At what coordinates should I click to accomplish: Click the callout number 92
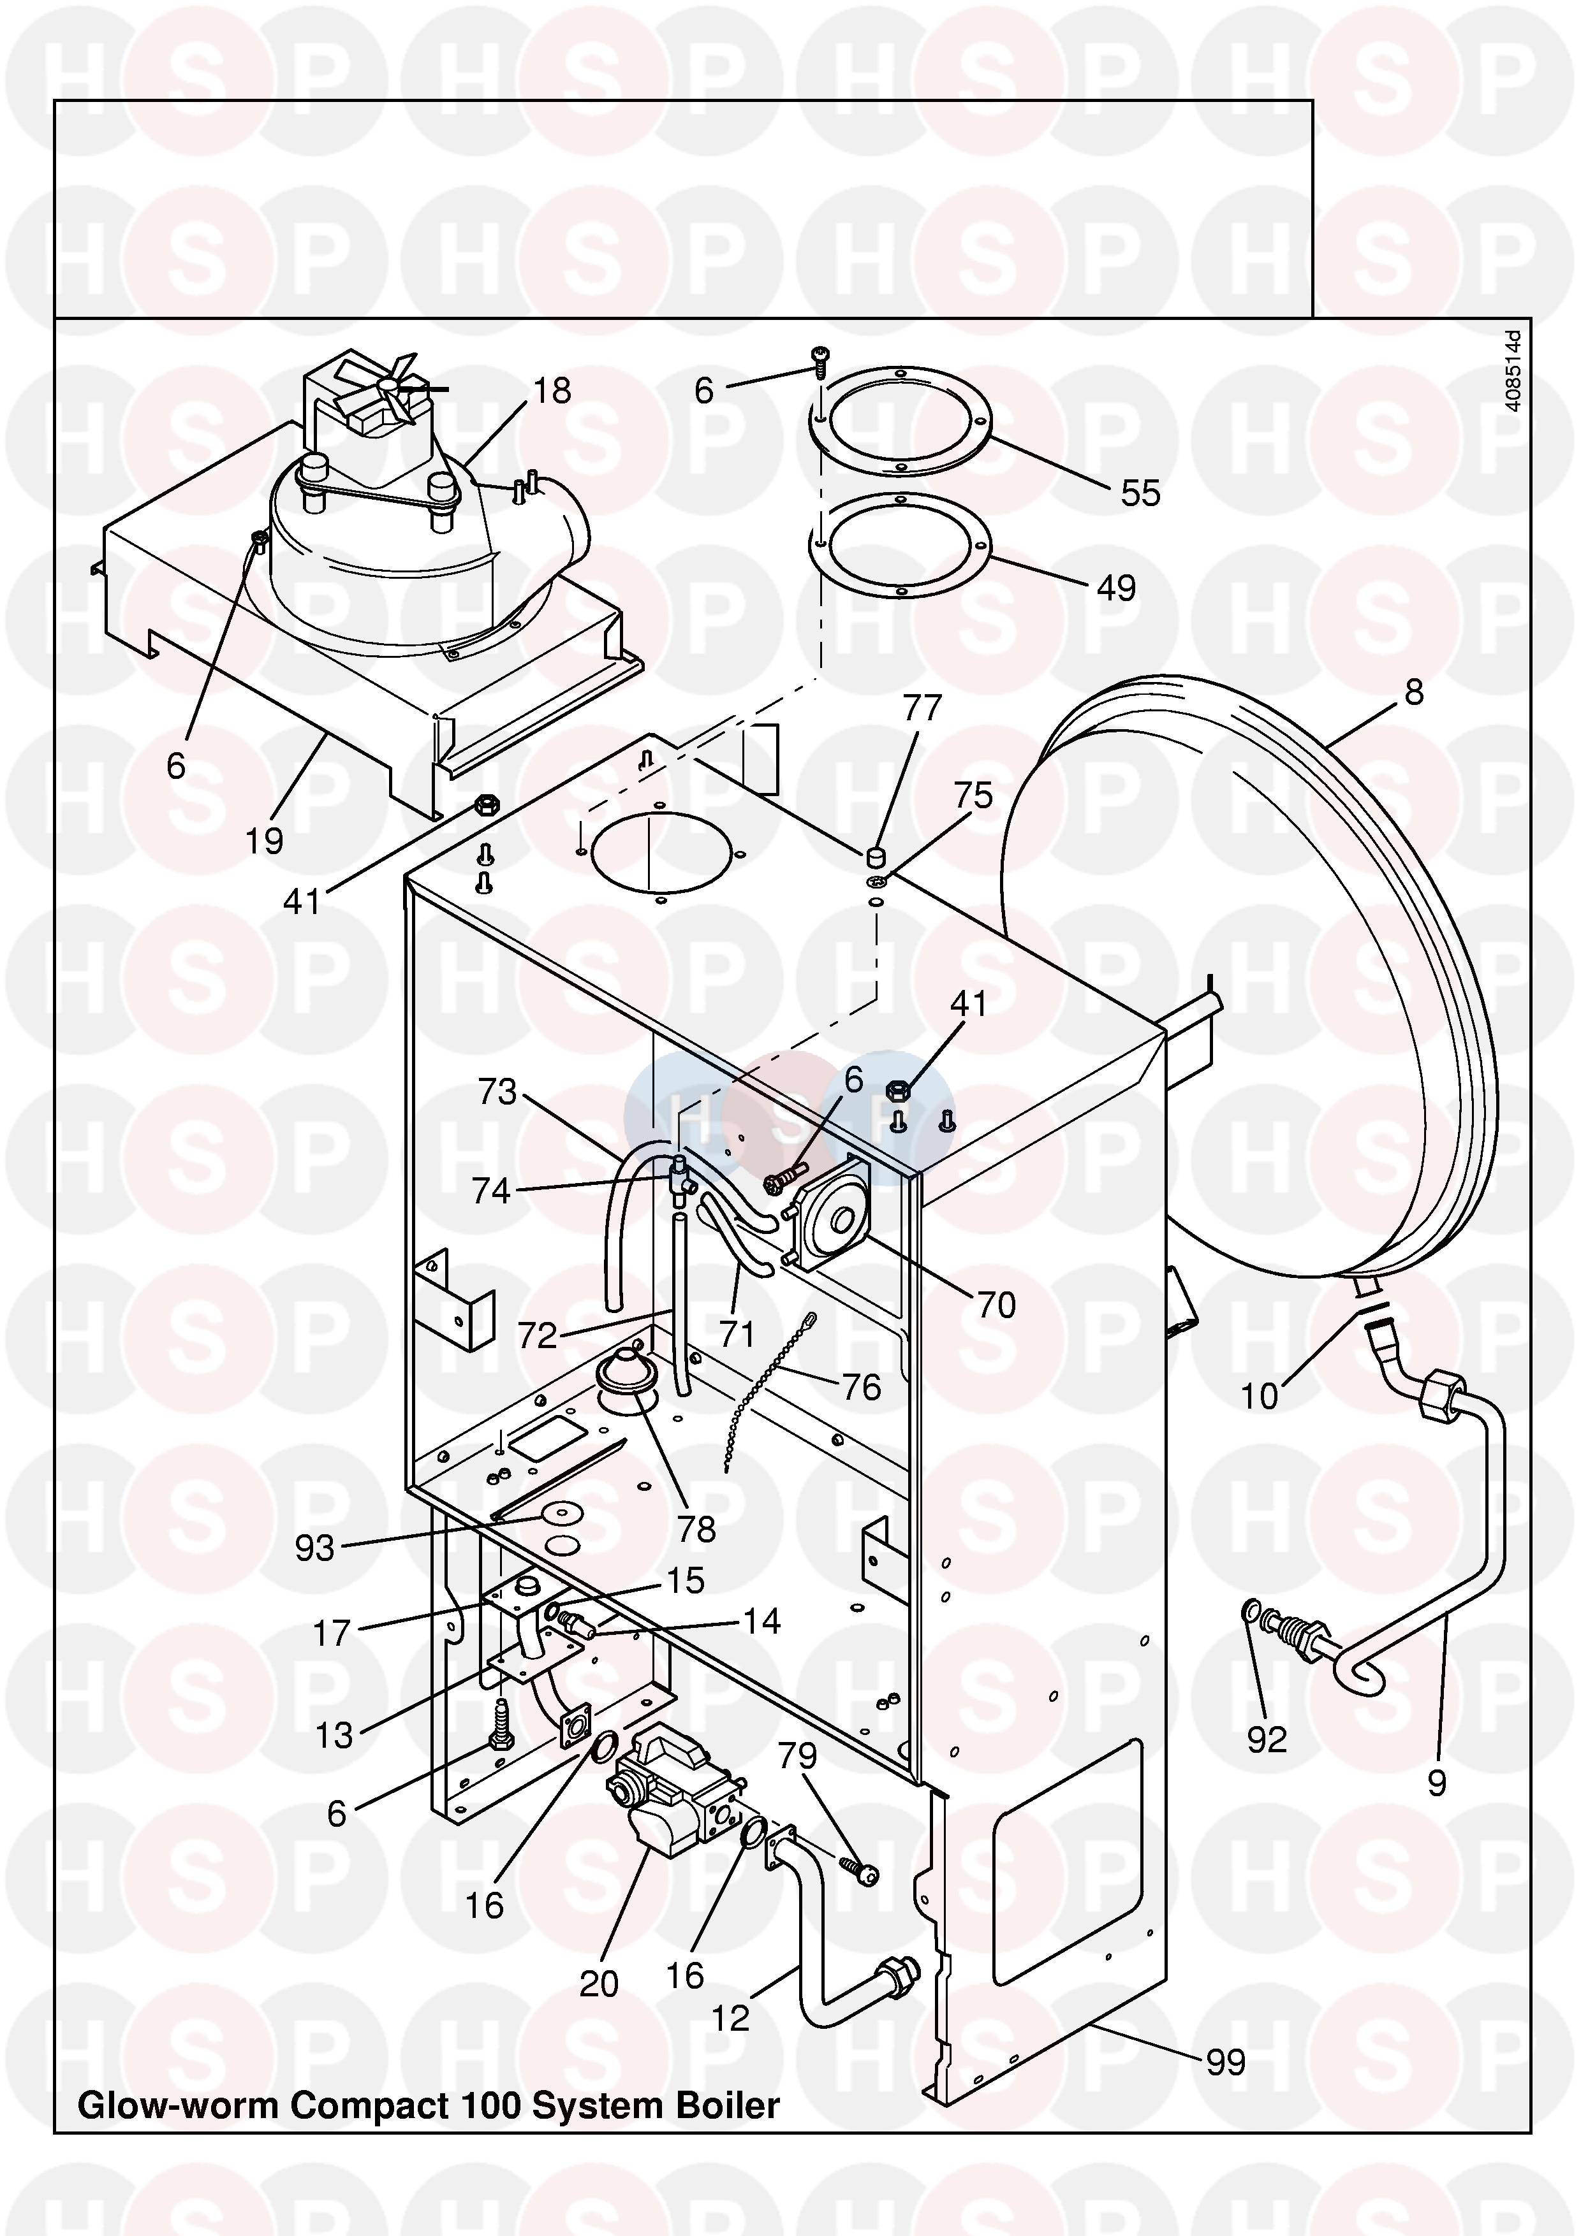click(x=1267, y=1739)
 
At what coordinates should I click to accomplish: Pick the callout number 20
click(x=599, y=1984)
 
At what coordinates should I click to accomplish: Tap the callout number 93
click(x=314, y=1548)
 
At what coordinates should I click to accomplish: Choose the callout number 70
click(x=997, y=1305)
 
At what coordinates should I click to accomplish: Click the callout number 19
click(x=264, y=841)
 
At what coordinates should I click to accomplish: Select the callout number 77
click(x=922, y=708)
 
